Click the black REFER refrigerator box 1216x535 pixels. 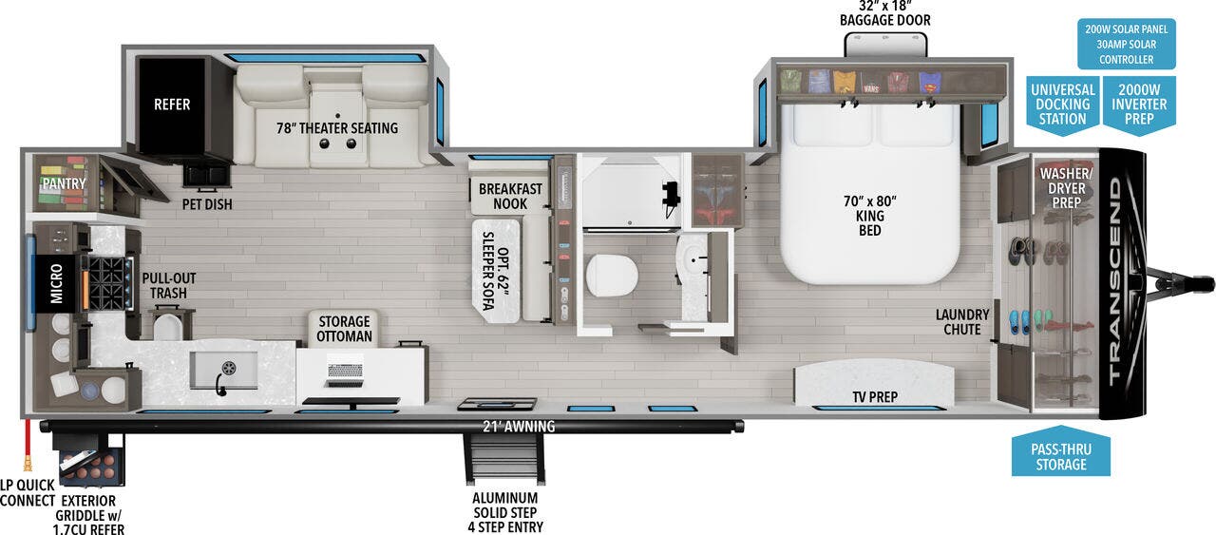coord(172,104)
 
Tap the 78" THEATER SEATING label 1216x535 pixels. coord(337,128)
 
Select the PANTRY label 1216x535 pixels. coord(64,183)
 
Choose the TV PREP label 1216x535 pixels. coord(875,396)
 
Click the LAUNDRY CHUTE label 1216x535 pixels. coord(962,322)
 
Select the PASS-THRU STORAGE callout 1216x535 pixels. coord(1061,456)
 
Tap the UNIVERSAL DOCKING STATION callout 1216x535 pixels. coord(1062,105)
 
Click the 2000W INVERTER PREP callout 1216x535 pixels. coord(1139,105)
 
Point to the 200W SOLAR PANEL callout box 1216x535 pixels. coord(1126,44)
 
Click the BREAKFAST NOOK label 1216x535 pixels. coord(510,197)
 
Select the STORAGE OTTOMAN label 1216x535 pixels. coord(344,329)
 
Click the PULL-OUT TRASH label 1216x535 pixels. coord(169,286)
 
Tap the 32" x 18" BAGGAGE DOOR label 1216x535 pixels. coord(883,13)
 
